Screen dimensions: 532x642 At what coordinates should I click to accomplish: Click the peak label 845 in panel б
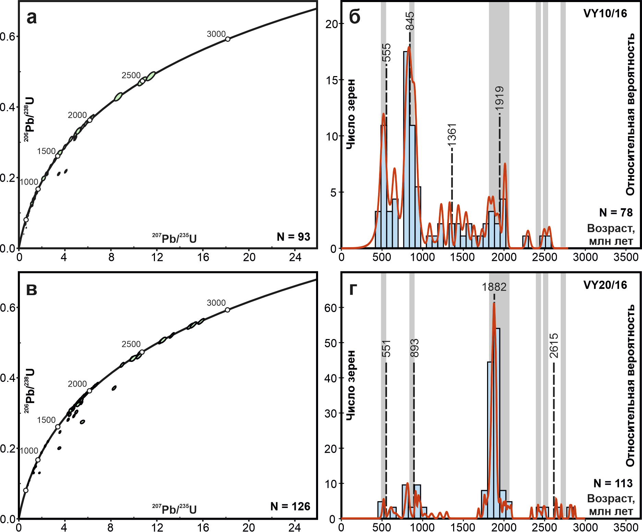410,21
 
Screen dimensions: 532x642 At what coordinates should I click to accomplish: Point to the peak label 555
386,52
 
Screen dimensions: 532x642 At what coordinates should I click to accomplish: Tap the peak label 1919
500,98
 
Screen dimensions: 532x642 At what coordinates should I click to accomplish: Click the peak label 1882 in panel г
494,287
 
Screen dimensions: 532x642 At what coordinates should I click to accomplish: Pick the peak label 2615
554,345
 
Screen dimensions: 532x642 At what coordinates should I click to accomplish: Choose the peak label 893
414,348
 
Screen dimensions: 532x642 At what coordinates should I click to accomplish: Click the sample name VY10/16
605,14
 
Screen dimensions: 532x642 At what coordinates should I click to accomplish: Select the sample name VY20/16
605,285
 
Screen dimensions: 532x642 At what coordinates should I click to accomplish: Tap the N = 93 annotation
293,237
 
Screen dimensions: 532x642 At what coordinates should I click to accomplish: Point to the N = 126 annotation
290,507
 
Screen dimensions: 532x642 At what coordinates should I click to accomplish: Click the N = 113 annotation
613,484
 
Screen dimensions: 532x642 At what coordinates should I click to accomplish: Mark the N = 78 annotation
616,213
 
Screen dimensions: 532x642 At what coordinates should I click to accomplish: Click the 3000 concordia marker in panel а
228,39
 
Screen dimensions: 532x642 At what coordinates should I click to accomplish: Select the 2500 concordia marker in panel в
142,352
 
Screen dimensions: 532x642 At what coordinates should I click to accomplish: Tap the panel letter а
32,18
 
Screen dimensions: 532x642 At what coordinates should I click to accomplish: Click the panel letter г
353,290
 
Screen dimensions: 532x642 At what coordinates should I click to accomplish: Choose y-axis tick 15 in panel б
331,80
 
